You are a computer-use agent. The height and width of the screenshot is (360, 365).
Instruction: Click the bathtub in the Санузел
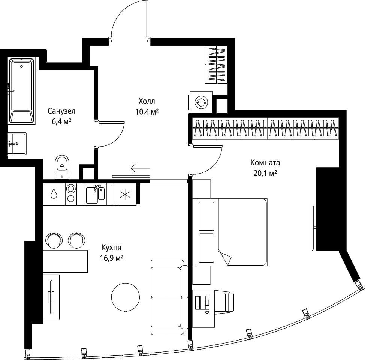click(x=22, y=91)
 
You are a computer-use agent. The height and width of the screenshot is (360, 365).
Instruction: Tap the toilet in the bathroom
click(x=62, y=167)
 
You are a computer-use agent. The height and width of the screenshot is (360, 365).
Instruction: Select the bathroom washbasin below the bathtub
click(x=17, y=144)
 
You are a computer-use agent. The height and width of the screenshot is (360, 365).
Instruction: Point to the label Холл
click(x=147, y=101)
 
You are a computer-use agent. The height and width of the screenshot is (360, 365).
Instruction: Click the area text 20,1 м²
click(x=265, y=173)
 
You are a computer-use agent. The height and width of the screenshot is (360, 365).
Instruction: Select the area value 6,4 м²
click(x=61, y=121)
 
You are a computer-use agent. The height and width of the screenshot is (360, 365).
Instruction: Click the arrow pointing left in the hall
click(x=141, y=168)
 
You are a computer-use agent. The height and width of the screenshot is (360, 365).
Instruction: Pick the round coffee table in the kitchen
click(x=126, y=297)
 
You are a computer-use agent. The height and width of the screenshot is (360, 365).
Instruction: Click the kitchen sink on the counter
click(x=95, y=194)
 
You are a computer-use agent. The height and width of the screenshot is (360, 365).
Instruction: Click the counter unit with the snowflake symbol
click(x=125, y=194)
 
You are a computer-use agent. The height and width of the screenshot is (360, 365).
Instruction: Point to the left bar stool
click(x=54, y=240)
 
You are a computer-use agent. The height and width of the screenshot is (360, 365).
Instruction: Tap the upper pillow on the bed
click(x=206, y=216)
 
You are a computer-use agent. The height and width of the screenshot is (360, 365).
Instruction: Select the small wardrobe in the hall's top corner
click(x=216, y=64)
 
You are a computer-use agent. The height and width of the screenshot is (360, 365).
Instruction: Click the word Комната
click(x=265, y=163)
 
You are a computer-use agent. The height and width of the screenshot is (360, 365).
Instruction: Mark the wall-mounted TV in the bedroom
click(x=313, y=227)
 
